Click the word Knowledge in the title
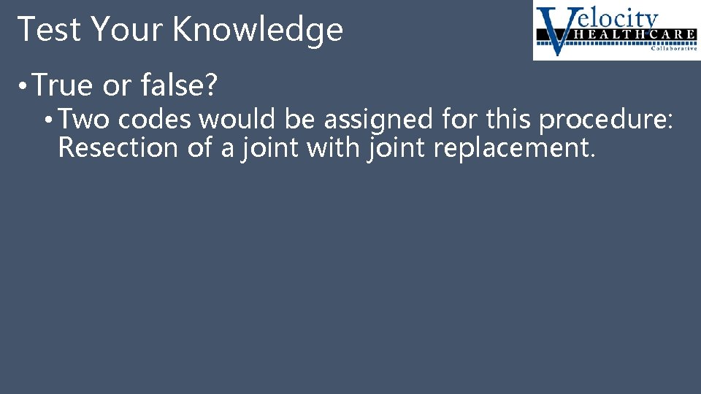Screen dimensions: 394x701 pos(258,30)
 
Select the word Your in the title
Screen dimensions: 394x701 pos(119,30)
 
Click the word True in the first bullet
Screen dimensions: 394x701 pos(64,86)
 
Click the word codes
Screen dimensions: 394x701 pos(152,117)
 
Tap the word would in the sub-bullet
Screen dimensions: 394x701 pos(232,117)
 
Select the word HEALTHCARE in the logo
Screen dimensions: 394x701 pos(628,34)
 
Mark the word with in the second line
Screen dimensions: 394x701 pos(332,148)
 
